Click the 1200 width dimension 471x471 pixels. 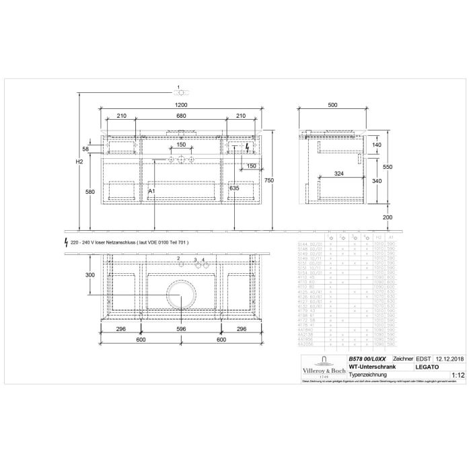pos(181,106)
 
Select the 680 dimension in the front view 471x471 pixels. pos(181,116)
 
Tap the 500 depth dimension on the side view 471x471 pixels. pos(333,106)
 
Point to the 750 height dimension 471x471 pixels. pos(269,180)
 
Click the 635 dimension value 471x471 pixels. pos(234,189)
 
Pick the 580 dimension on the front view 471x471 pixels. pos(90,192)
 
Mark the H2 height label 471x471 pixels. pos(79,162)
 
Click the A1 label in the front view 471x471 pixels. pos(152,192)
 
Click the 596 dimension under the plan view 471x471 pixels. pos(181,330)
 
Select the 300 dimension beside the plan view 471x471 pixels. pos(90,275)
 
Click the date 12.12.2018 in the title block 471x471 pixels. pos(450,359)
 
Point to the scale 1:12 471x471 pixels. pos(458,375)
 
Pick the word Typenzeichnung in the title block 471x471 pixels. pos(367,375)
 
